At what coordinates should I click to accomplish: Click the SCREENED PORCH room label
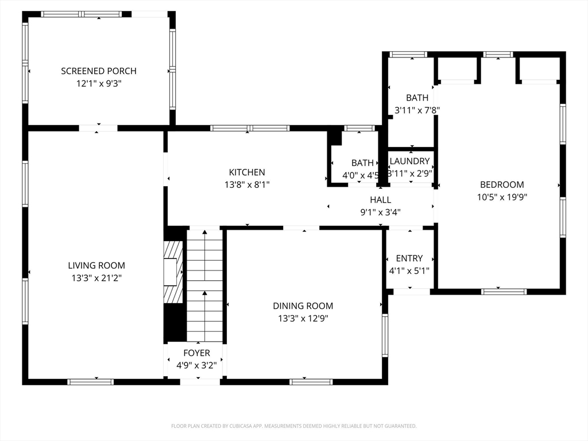click(99, 71)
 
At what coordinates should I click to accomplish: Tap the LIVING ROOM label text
click(96, 265)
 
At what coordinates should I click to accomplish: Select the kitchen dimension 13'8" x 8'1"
click(247, 184)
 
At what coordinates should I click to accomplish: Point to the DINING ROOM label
click(303, 306)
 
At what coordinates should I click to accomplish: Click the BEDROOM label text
click(502, 184)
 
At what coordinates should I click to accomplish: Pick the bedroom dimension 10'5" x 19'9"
click(502, 197)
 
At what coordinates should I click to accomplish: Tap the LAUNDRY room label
click(409, 161)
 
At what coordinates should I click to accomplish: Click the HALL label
click(381, 200)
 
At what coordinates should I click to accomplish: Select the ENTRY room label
click(409, 258)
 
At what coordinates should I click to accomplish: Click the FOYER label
click(196, 353)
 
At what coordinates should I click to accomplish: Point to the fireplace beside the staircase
click(173, 272)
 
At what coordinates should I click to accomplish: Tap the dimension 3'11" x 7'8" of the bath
click(417, 110)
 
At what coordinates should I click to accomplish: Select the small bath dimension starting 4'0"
click(361, 175)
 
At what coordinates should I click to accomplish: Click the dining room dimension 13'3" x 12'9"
click(303, 318)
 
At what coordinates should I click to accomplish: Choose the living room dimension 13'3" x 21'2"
click(96, 278)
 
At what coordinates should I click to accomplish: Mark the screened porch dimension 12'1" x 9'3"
click(99, 83)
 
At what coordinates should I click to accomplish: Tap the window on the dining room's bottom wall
click(311, 382)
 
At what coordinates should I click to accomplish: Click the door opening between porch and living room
click(98, 128)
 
